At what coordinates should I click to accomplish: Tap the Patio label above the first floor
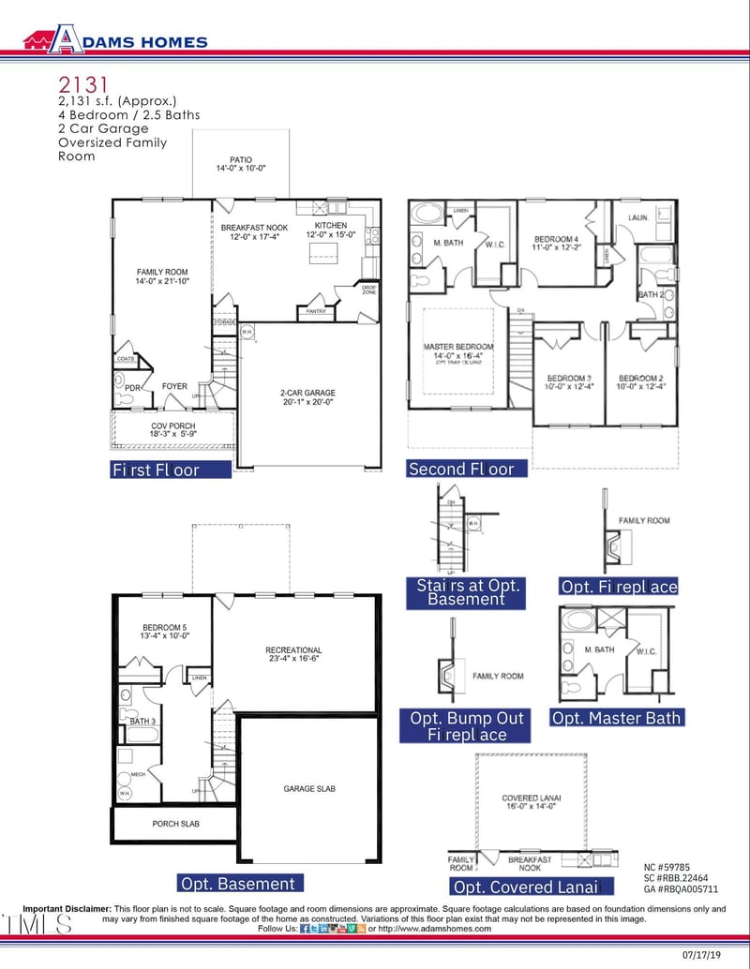point(241,160)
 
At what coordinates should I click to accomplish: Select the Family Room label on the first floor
point(163,272)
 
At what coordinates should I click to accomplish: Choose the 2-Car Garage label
point(307,394)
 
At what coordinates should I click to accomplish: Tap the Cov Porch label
point(172,425)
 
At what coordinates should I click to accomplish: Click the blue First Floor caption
point(169,470)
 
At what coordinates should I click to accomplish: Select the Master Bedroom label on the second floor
point(458,347)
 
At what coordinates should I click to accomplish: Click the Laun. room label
point(641,217)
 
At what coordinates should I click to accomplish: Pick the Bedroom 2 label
point(641,378)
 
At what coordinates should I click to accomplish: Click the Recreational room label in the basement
point(293,649)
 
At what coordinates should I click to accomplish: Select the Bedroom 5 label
point(166,627)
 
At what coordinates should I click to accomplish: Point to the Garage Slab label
point(308,789)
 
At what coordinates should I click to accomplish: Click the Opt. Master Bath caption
point(617,718)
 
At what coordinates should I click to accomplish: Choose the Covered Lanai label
point(531,798)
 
